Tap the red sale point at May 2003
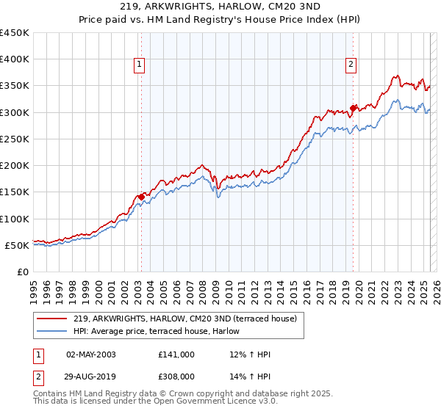click(141, 197)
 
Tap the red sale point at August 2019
click(354, 108)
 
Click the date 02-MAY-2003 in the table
click(90, 354)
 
